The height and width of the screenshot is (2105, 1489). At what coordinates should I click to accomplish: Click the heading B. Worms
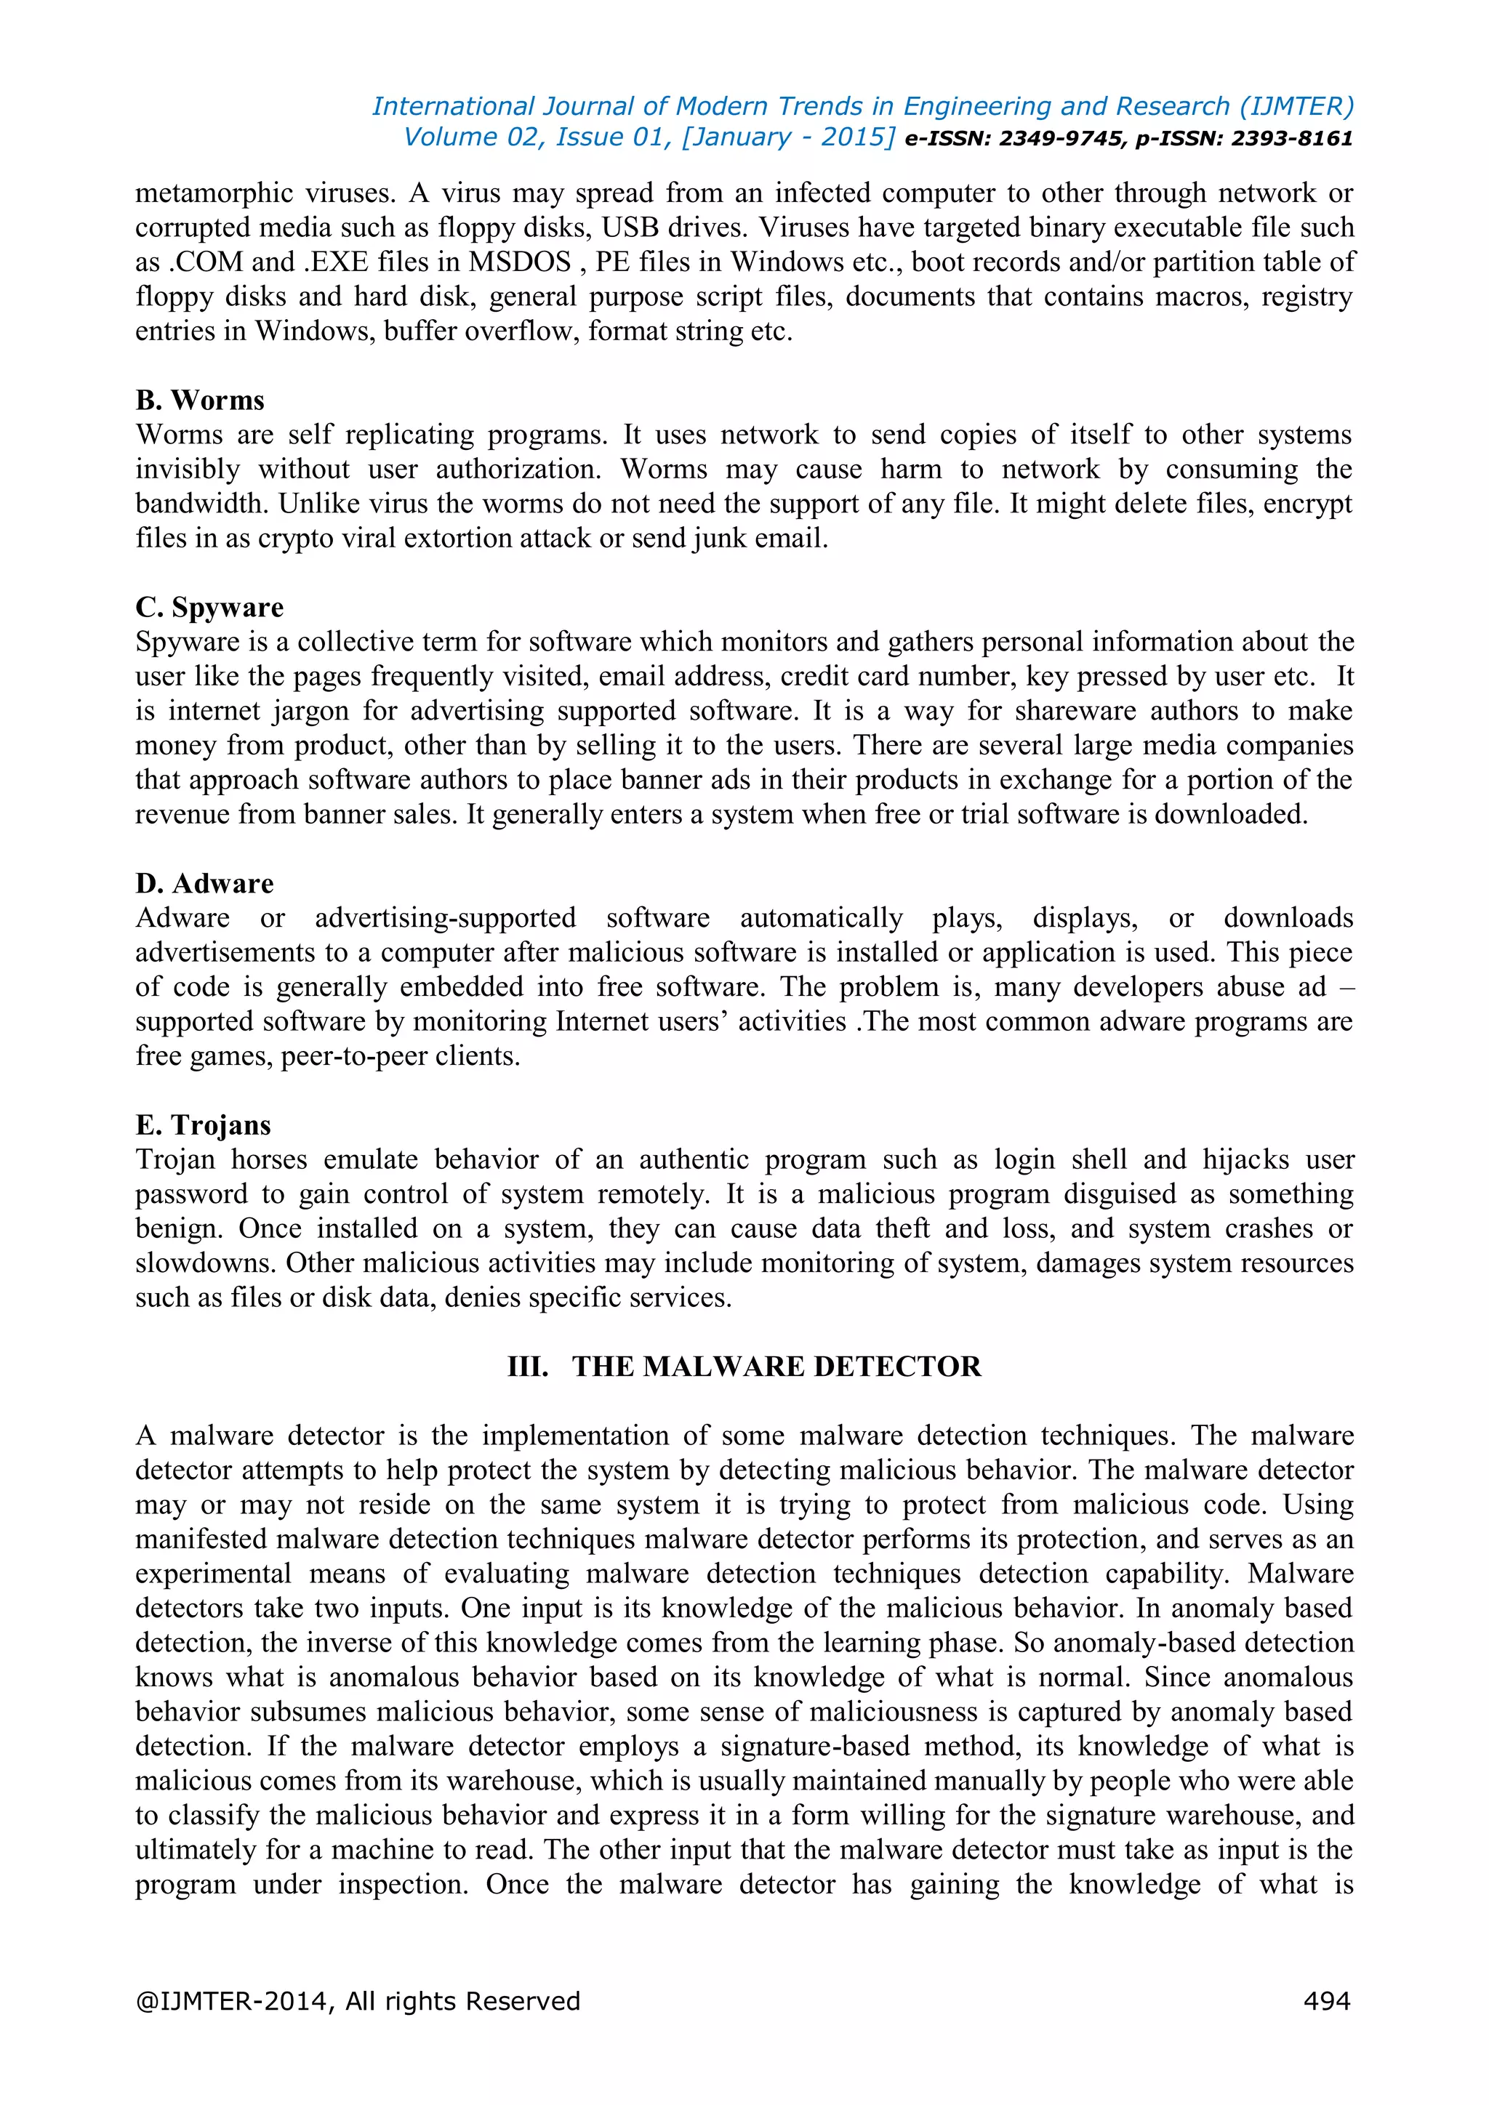[x=200, y=401]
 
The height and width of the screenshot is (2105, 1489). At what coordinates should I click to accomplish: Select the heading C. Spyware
[x=209, y=608]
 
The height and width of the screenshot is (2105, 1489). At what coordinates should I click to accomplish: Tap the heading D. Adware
[x=204, y=884]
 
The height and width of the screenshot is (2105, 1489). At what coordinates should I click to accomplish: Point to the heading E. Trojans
[x=203, y=1125]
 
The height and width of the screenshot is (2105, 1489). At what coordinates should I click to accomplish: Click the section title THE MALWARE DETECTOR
[x=776, y=1367]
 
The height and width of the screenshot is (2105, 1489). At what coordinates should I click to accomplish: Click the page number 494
[x=1326, y=2000]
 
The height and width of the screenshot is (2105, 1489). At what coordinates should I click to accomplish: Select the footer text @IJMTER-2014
[x=234, y=2000]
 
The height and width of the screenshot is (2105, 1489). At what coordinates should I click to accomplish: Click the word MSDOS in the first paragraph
[x=520, y=262]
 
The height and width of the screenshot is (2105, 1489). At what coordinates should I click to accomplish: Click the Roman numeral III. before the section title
[x=527, y=1367]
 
